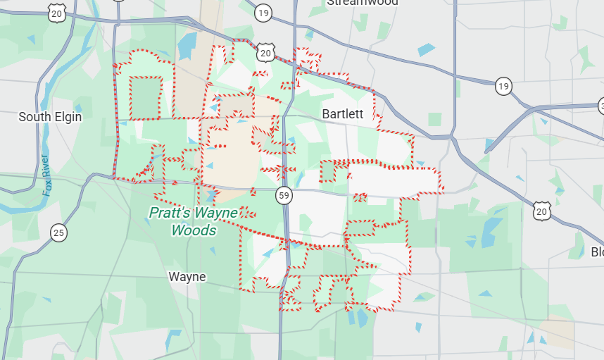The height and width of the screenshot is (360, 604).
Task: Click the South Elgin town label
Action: pyautogui.click(x=50, y=117)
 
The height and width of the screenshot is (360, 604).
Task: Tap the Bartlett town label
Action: pyautogui.click(x=343, y=114)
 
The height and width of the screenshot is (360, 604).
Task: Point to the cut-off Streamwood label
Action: pyautogui.click(x=363, y=3)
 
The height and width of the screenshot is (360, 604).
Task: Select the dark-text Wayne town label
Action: pyautogui.click(x=187, y=277)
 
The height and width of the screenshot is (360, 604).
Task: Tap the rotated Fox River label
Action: pyautogui.click(x=47, y=175)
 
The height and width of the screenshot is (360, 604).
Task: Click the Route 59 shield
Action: pyautogui.click(x=284, y=197)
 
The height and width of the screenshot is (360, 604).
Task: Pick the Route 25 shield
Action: pyautogui.click(x=59, y=232)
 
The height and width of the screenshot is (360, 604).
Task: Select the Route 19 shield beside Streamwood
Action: pyautogui.click(x=264, y=13)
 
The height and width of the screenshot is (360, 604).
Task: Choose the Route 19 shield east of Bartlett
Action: pyautogui.click(x=503, y=86)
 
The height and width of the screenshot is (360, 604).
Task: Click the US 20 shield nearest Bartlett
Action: pyautogui.click(x=265, y=53)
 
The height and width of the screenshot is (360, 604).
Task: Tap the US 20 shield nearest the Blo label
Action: pyautogui.click(x=541, y=210)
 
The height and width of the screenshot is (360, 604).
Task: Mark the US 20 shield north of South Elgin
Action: pyautogui.click(x=58, y=12)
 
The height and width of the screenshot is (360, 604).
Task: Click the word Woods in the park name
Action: pyautogui.click(x=194, y=230)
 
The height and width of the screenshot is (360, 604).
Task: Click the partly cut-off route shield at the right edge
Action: pyautogui.click(x=600, y=106)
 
